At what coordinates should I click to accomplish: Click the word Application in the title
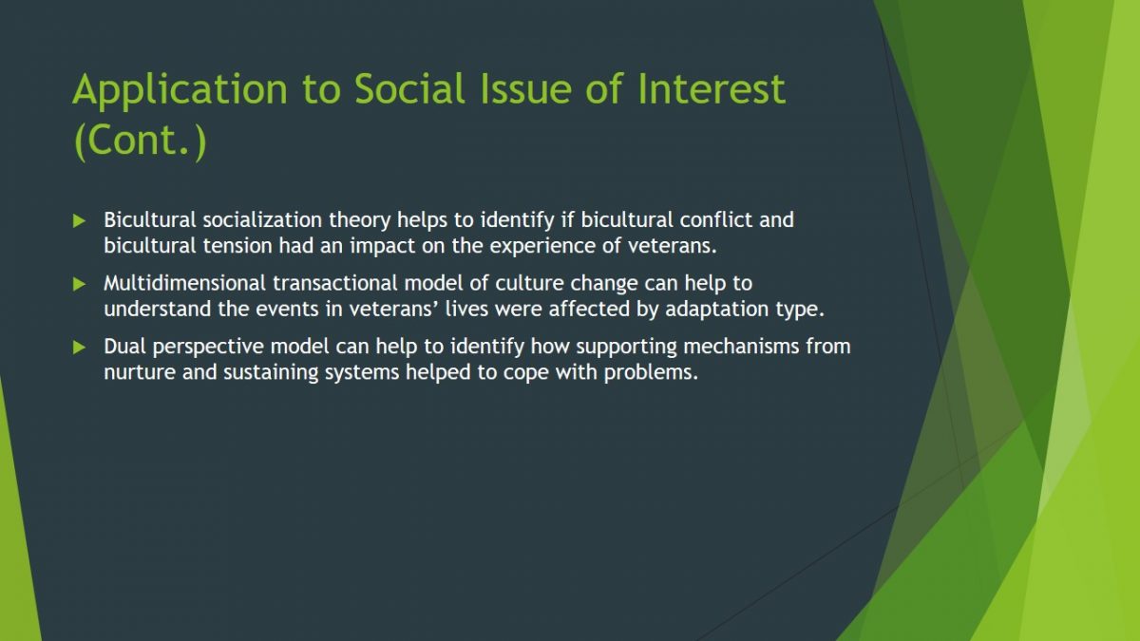[180, 90]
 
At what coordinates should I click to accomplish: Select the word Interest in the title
[712, 89]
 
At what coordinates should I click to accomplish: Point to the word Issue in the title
[526, 89]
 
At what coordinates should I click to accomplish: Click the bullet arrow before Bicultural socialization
[79, 220]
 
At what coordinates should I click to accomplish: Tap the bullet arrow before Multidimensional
[79, 284]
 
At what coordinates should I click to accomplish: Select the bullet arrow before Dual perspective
[79, 348]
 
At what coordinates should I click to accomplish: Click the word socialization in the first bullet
[262, 219]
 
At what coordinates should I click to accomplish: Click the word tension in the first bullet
[237, 246]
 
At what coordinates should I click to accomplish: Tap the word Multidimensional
[184, 283]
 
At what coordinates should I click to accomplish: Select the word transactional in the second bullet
[334, 283]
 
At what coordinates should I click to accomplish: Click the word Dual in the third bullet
[124, 346]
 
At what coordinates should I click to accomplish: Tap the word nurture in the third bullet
[140, 372]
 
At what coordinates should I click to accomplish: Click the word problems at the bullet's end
[651, 372]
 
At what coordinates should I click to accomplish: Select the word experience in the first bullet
[542, 246]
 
